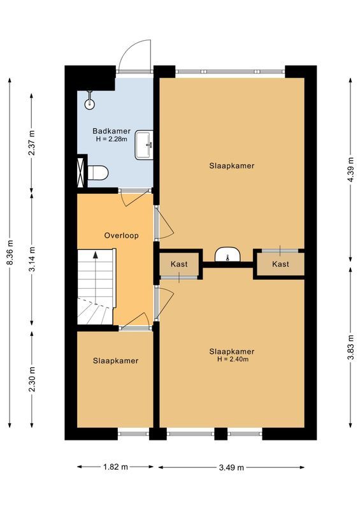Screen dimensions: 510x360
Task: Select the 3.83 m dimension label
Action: pyautogui.click(x=350, y=347)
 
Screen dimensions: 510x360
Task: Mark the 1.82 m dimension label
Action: pyautogui.click(x=115, y=467)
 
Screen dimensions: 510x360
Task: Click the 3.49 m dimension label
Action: pyautogui.click(x=232, y=467)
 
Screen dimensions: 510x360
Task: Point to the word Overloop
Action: pyautogui.click(x=121, y=235)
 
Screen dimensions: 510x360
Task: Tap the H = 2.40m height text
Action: pyautogui.click(x=232, y=360)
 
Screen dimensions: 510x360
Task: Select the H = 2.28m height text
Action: pyautogui.click(x=112, y=139)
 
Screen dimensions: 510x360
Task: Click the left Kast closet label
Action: pyautogui.click(x=179, y=264)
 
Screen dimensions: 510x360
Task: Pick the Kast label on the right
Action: pyautogui.click(x=280, y=264)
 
